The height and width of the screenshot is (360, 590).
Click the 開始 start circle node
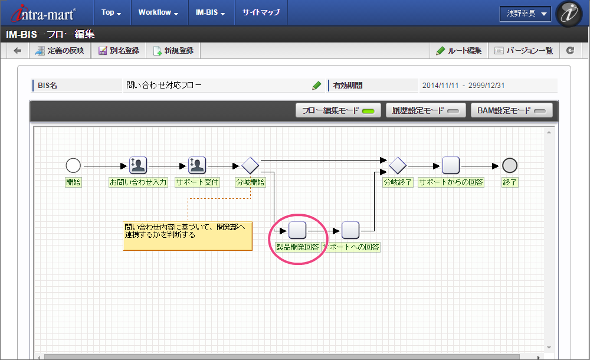[x=73, y=165]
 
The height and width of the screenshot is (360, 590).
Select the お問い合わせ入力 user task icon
[x=137, y=165]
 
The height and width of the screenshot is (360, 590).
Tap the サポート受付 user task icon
[x=197, y=165]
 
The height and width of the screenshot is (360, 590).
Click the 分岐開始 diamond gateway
[x=250, y=165]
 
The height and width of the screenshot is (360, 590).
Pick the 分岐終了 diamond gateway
[x=397, y=165]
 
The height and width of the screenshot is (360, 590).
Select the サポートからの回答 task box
[x=450, y=165]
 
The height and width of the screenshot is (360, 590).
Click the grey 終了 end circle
[x=510, y=165]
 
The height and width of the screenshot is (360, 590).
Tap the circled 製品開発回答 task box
[x=297, y=230]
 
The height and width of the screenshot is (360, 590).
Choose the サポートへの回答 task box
[x=350, y=230]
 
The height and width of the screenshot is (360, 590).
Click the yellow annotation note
[x=188, y=236]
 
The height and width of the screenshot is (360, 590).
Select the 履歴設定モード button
[x=425, y=111]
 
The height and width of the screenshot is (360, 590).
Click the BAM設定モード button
[x=512, y=111]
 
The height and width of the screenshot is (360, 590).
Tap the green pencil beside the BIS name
[x=316, y=86]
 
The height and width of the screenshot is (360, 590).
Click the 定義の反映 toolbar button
[x=60, y=51]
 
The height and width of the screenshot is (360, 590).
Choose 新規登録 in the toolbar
[x=173, y=51]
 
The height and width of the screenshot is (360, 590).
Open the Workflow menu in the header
[x=158, y=12]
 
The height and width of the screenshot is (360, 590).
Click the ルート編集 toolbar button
[x=459, y=51]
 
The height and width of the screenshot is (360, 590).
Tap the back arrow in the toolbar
[x=17, y=51]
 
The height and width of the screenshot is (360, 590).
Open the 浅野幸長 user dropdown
[x=525, y=14]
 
